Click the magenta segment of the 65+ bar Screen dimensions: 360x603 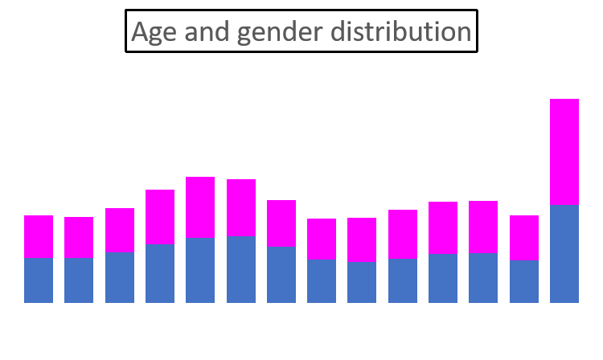click(x=564, y=152)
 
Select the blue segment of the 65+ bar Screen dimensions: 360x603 click(x=564, y=254)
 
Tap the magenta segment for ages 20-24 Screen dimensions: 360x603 click(x=200, y=207)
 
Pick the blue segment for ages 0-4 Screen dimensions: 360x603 click(x=39, y=280)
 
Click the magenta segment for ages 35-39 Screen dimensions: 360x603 click(x=322, y=239)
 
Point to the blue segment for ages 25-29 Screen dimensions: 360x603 click(x=240, y=269)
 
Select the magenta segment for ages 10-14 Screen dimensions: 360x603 click(x=120, y=230)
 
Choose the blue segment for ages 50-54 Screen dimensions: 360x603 click(x=443, y=278)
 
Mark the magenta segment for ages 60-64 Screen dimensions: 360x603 click(x=523, y=237)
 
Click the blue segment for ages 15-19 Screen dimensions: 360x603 click(x=160, y=273)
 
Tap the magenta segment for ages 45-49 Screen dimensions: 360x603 click(x=403, y=234)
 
